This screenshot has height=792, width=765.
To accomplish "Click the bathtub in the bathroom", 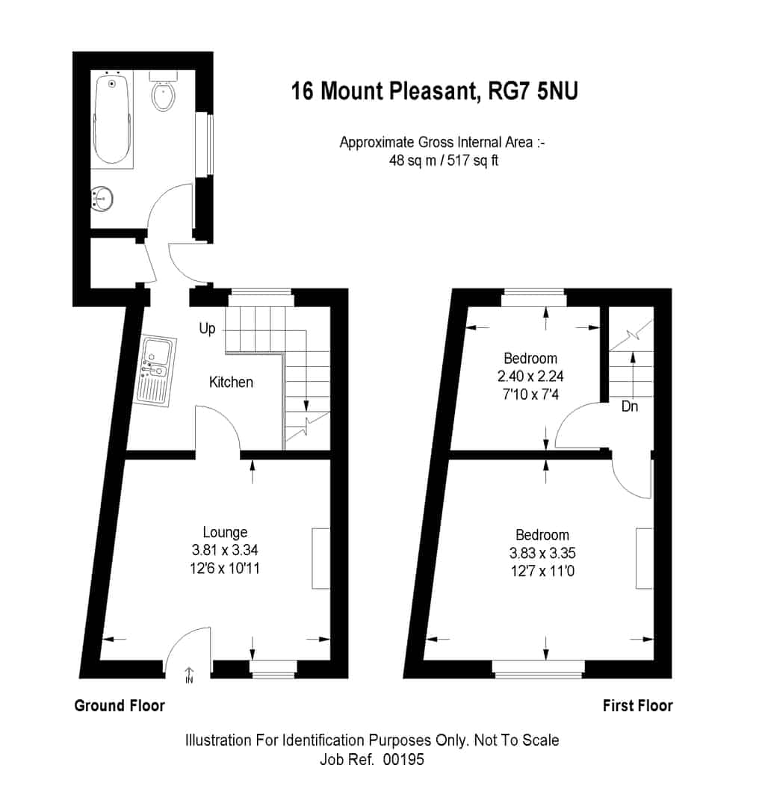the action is (x=112, y=120).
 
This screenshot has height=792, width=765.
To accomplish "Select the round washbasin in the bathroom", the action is (x=102, y=199).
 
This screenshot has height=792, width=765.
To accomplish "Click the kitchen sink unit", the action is (x=157, y=371).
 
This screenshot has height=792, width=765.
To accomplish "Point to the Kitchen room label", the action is (x=231, y=382).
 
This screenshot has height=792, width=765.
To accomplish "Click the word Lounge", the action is (x=225, y=533).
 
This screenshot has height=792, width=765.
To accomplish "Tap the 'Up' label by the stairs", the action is (x=207, y=329).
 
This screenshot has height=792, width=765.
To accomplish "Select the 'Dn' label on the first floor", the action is (x=629, y=406).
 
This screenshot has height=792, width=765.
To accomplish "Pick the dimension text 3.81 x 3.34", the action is (x=225, y=550).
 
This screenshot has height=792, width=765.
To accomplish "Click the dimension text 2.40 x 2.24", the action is (x=530, y=377).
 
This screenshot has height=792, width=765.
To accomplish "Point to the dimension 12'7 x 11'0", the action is (x=542, y=572).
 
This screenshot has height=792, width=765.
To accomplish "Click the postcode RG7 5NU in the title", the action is (x=533, y=91).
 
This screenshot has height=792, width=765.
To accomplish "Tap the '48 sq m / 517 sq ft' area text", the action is (x=443, y=161).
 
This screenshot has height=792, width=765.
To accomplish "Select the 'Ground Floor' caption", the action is (x=120, y=705).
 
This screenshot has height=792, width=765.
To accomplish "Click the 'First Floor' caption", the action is (x=638, y=705).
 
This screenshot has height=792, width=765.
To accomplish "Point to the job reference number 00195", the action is (x=403, y=759).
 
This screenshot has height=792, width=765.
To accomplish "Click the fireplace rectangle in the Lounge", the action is (x=320, y=558).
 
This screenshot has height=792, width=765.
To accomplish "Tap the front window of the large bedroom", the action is (x=539, y=669).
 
